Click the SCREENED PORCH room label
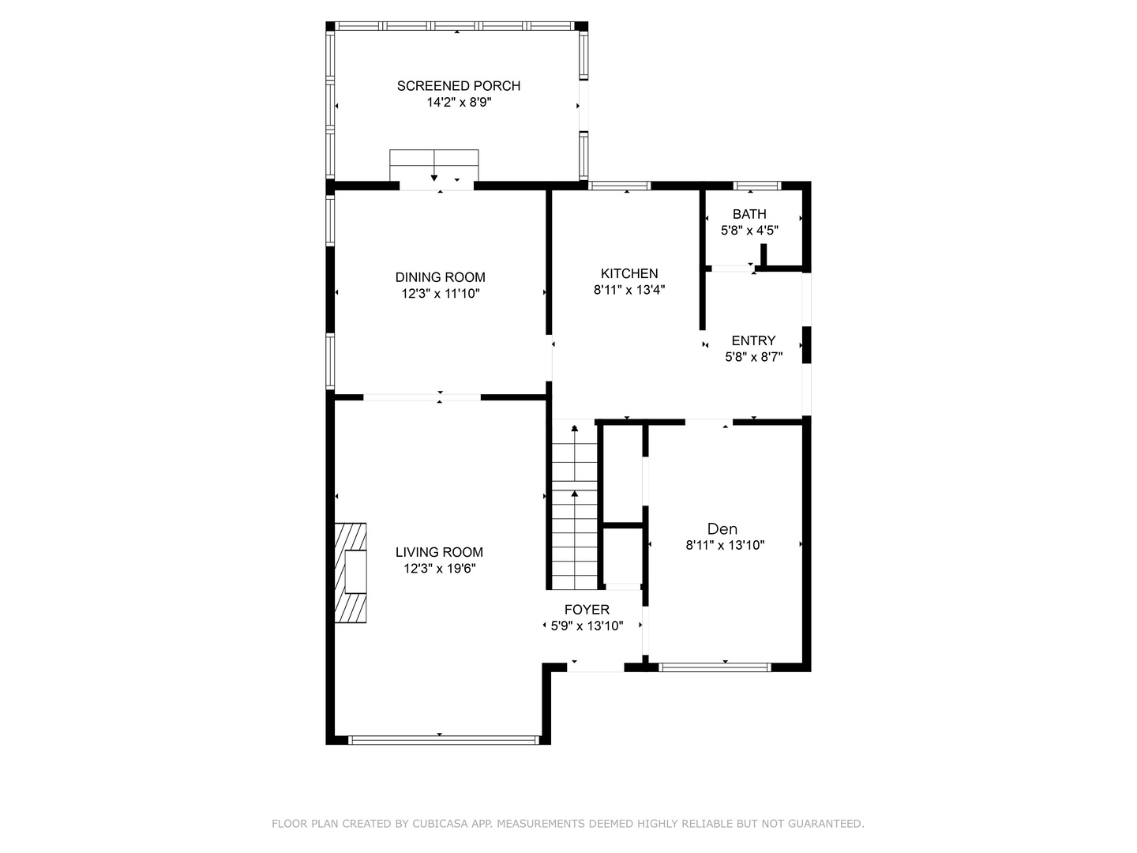459,86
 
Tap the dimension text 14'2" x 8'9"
459,103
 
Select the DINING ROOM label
441,277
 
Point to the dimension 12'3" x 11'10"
441,294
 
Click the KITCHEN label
629,273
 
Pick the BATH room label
749,214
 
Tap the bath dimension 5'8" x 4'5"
749,231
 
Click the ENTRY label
754,340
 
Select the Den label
722,529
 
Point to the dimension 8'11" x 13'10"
725,545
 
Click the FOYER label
587,610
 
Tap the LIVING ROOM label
439,552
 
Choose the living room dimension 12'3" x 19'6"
440,569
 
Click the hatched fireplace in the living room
350,573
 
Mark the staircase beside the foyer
575,504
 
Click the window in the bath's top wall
756,186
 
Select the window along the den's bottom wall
715,667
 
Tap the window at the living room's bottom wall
444,740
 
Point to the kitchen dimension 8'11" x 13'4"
629,290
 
